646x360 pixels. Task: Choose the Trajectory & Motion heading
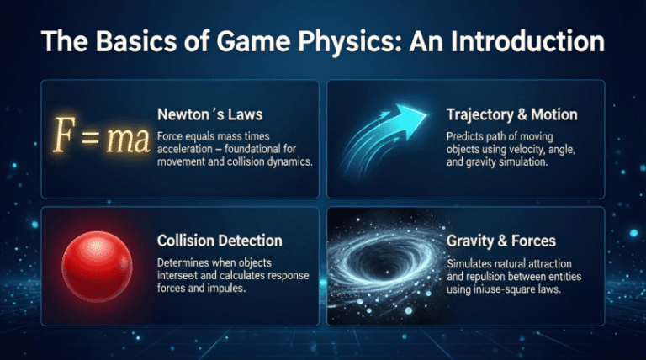tap(514, 114)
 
